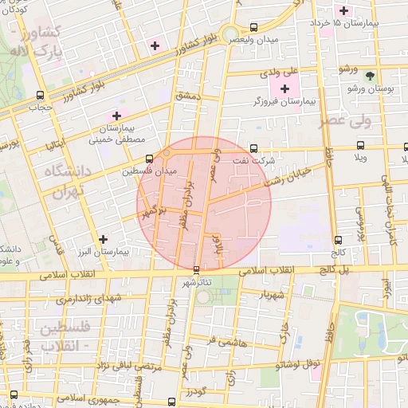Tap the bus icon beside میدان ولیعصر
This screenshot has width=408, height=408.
click(x=254, y=26)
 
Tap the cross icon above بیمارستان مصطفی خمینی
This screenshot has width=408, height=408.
click(x=116, y=116)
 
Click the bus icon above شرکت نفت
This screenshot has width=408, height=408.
click(x=254, y=148)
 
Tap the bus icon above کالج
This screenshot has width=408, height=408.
click(x=339, y=239)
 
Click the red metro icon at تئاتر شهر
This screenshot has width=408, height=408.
click(x=196, y=269)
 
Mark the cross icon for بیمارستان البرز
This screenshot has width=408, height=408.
click(x=102, y=239)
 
